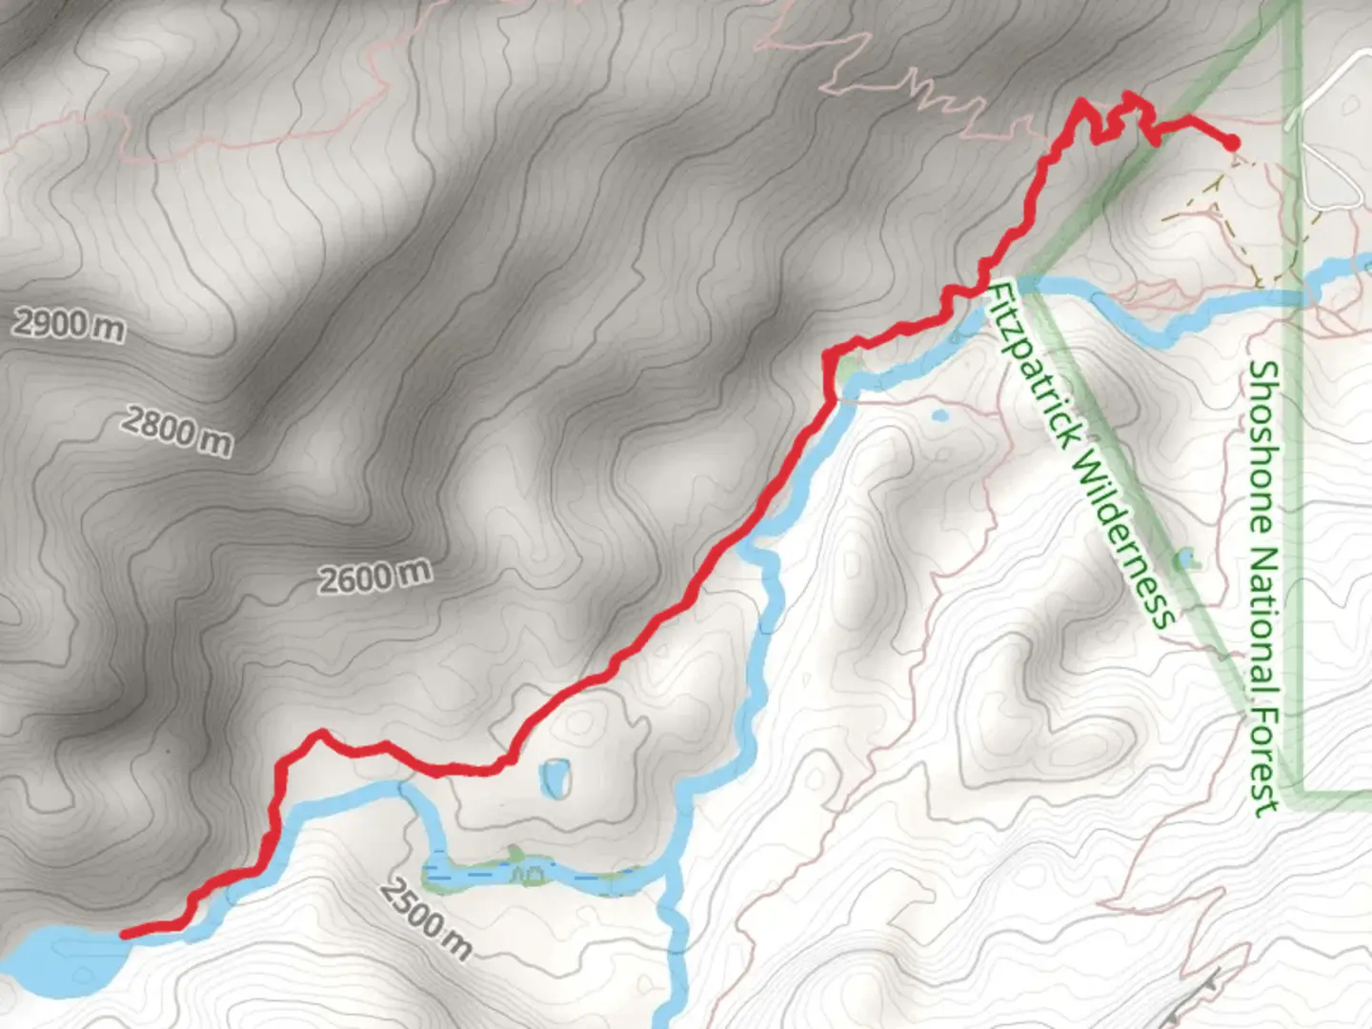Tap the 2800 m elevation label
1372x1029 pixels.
point(176,431)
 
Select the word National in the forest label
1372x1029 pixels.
point(1264,619)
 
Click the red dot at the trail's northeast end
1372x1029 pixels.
point(1231,143)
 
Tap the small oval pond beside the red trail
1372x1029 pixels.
point(554,778)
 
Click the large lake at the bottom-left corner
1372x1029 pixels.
point(57,962)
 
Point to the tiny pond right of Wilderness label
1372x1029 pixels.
point(1186,558)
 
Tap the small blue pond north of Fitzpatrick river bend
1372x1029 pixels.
point(938,415)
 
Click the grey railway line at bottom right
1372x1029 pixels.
point(1196,991)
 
